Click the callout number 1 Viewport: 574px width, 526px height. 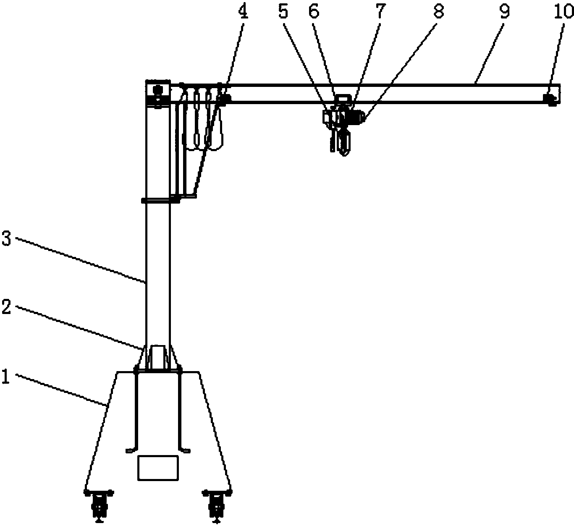pyautogui.click(x=6, y=377)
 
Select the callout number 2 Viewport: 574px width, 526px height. pyautogui.click(x=6, y=307)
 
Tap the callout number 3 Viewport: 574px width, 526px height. pyautogui.click(x=6, y=239)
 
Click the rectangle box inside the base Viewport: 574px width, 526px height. pyautogui.click(x=158, y=468)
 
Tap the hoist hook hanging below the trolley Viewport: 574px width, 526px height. pyautogui.click(x=344, y=144)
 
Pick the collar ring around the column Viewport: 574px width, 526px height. pyautogui.click(x=160, y=200)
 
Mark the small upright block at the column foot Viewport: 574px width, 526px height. pyautogui.click(x=157, y=357)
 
